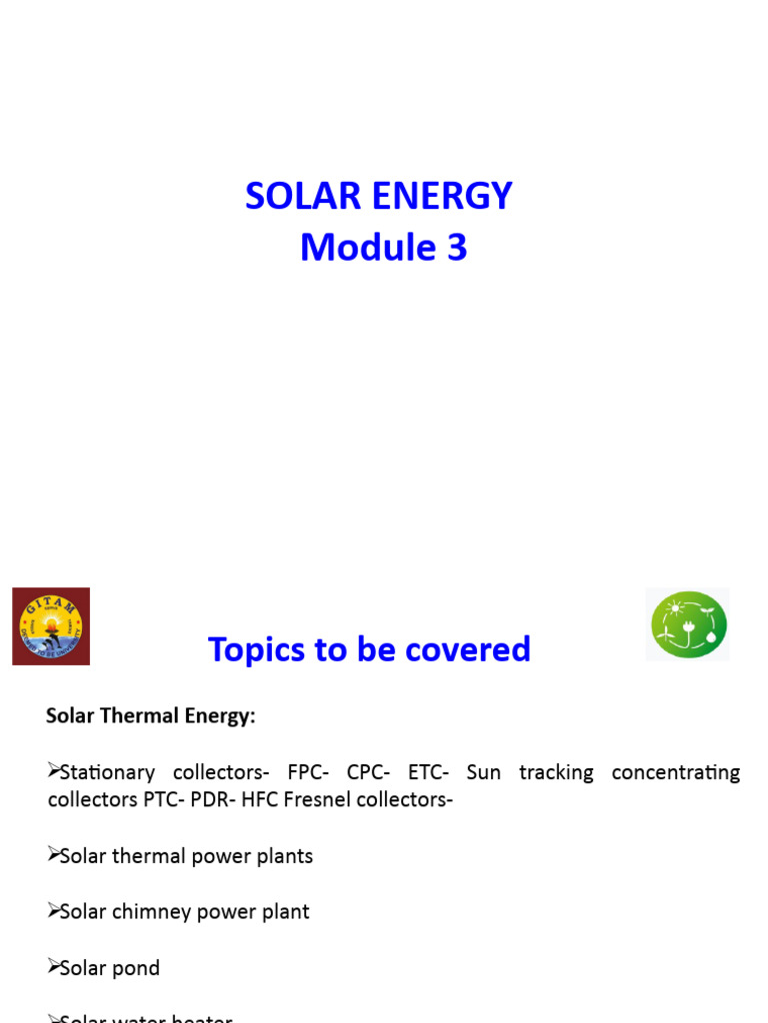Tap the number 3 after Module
pos(457,248)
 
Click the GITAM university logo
pos(51,626)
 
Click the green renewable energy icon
pos(688,624)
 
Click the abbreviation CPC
pos(366,772)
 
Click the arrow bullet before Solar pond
pos(53,967)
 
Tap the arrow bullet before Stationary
pos(53,771)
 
